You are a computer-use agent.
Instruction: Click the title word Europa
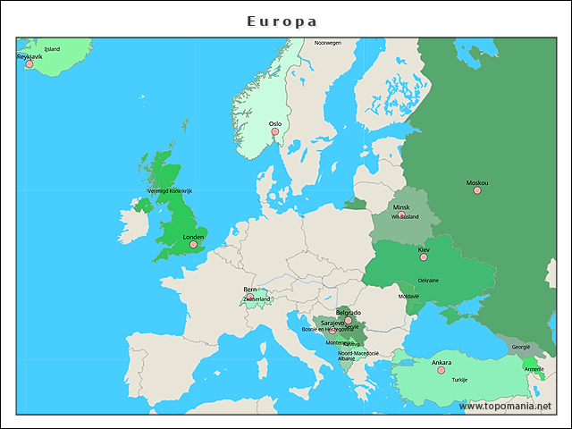pyautogui.click(x=282, y=21)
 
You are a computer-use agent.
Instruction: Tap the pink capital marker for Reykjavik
pyautogui.click(x=29, y=64)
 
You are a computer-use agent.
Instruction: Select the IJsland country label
pyautogui.click(x=52, y=49)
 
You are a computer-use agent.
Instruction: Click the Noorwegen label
pyautogui.click(x=327, y=43)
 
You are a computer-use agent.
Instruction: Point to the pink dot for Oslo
pyautogui.click(x=275, y=132)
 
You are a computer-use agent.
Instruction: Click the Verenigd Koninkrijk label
pyautogui.click(x=170, y=191)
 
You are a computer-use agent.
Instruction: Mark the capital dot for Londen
pyautogui.click(x=193, y=244)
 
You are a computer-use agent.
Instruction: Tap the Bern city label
pyautogui.click(x=250, y=290)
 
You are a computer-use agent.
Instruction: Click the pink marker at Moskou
pyautogui.click(x=477, y=190)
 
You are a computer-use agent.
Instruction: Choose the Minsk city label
pyautogui.click(x=401, y=207)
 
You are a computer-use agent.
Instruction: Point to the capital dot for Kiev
pyautogui.click(x=424, y=257)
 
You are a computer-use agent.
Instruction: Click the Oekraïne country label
pyautogui.click(x=428, y=281)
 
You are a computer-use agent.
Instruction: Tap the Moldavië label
pyautogui.click(x=408, y=296)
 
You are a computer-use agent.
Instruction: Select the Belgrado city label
pyautogui.click(x=349, y=313)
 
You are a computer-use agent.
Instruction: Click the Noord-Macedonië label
pyautogui.click(x=358, y=353)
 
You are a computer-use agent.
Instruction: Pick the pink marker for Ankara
pyautogui.click(x=441, y=370)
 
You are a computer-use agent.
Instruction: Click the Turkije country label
pyautogui.click(x=459, y=380)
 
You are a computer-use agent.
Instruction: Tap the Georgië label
pyautogui.click(x=520, y=346)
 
